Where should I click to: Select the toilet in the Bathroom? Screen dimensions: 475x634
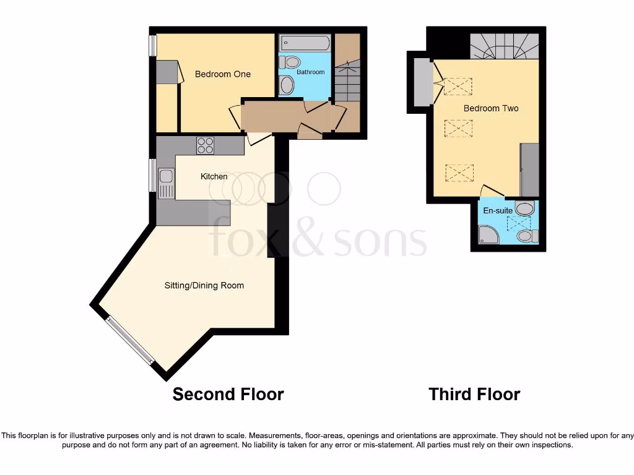(290, 62)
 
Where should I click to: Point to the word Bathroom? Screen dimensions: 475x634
(310, 72)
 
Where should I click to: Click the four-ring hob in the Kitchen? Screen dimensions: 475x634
(206, 145)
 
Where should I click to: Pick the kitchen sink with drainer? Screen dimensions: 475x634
(165, 183)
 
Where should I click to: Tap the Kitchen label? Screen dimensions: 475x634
(214, 177)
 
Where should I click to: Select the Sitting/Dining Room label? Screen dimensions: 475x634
(204, 286)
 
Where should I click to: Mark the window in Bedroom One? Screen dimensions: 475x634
(152, 45)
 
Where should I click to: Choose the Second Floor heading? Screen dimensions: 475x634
(228, 394)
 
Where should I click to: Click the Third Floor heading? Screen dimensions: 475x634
(474, 394)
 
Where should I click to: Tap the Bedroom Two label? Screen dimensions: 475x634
(491, 108)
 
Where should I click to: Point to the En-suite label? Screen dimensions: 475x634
(498, 211)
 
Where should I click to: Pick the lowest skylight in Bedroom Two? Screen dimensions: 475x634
(459, 173)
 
